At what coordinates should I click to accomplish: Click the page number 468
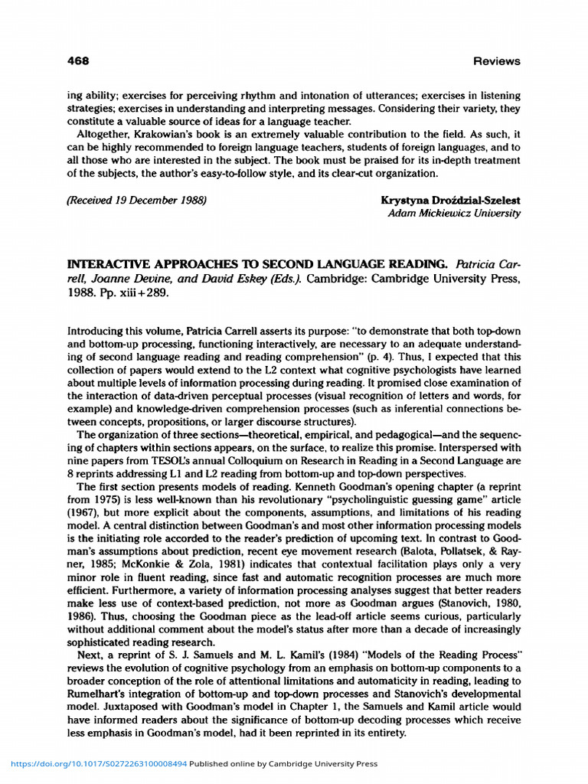click(79, 60)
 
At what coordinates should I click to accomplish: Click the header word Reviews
click(496, 60)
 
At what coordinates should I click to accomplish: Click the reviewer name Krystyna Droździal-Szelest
click(450, 201)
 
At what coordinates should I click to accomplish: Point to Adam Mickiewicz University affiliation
click(454, 214)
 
